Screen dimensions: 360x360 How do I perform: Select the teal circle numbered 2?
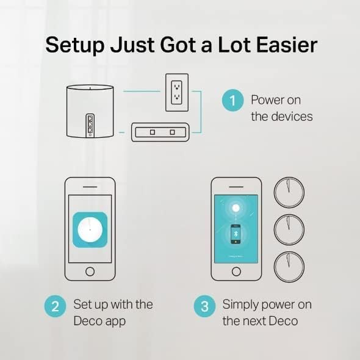click(x=54, y=306)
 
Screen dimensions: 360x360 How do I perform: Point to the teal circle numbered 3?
click(x=204, y=306)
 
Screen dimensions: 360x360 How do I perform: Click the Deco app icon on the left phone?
click(x=90, y=229)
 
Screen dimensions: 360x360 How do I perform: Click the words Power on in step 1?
click(x=276, y=100)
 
